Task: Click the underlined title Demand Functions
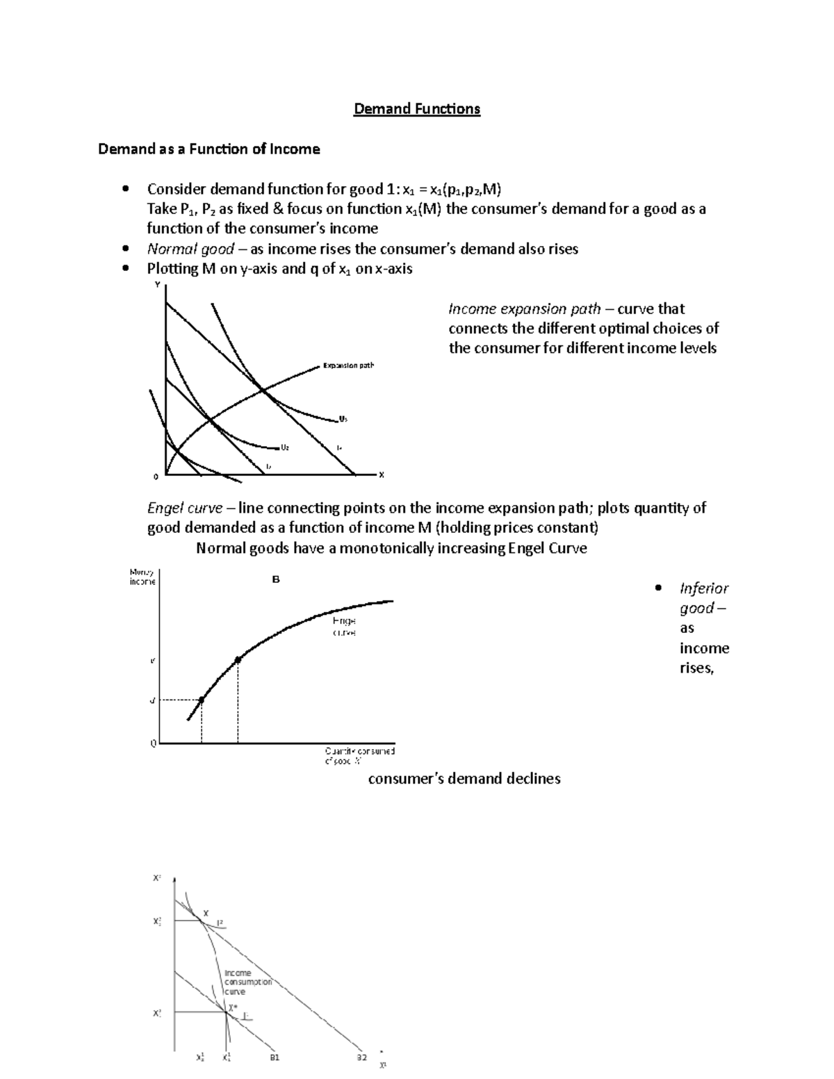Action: (x=416, y=109)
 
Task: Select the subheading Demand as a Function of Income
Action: (x=208, y=149)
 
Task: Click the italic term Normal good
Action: (x=190, y=249)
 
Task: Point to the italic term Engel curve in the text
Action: (x=185, y=508)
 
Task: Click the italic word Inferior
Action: (x=703, y=588)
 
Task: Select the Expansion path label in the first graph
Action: (x=348, y=365)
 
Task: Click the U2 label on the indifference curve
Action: (x=284, y=447)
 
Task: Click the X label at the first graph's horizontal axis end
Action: (x=381, y=475)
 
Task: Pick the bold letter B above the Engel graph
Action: (x=276, y=579)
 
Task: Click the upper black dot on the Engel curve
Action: (x=238, y=660)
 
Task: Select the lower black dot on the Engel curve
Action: (x=202, y=700)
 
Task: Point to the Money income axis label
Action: (x=142, y=577)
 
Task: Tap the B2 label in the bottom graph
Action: (x=361, y=1058)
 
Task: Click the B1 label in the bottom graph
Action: (x=274, y=1058)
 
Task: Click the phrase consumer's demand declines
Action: (x=464, y=779)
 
